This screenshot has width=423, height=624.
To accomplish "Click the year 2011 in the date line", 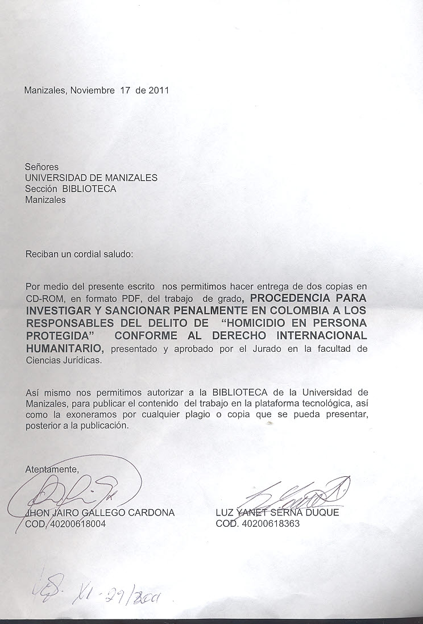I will click(159, 90).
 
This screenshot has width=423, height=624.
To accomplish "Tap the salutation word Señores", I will click(42, 167).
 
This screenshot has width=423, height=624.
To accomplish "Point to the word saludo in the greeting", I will click(117, 254).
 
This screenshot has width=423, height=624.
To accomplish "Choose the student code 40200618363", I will click(270, 523).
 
